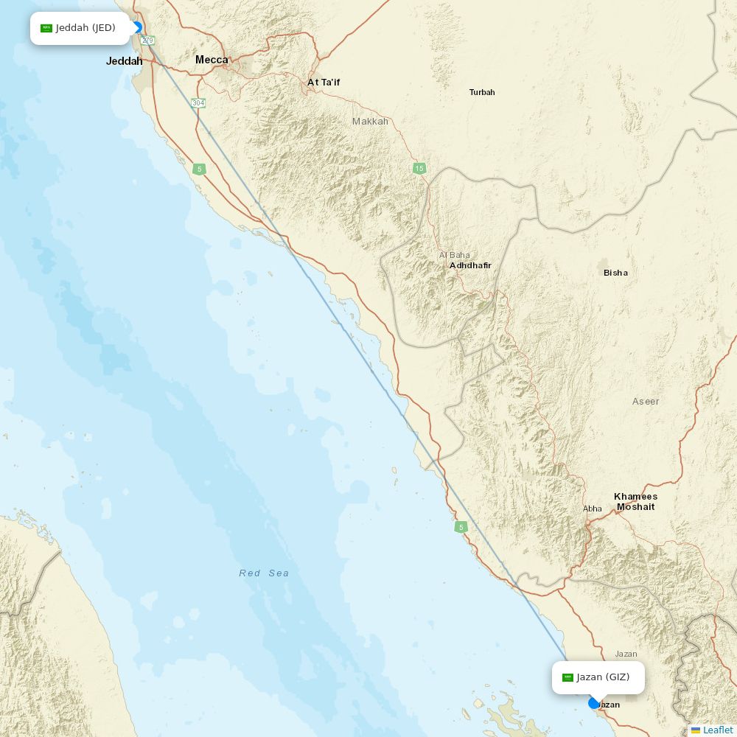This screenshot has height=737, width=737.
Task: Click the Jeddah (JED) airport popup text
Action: [x=85, y=28]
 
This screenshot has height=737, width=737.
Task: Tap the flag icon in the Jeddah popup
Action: [x=46, y=28]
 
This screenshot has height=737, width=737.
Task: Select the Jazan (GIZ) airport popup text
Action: [x=603, y=677]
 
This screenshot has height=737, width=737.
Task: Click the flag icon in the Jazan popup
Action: [x=567, y=677]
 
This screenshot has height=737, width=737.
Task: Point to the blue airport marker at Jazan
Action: [x=594, y=703]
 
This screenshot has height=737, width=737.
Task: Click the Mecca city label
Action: [x=212, y=60]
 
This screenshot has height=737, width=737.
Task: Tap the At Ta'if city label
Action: [x=324, y=83]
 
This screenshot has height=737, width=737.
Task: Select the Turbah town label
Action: [x=482, y=92]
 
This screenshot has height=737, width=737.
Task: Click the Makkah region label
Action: [x=370, y=121]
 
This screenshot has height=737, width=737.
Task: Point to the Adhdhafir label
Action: [x=470, y=265]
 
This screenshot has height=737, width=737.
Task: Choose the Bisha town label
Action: [x=615, y=273]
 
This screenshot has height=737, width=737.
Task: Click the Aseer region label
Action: [x=646, y=402]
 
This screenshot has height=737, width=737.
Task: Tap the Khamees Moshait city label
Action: [x=635, y=501]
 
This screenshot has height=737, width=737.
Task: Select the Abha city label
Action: [x=592, y=509]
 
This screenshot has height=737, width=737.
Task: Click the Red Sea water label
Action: [x=264, y=573]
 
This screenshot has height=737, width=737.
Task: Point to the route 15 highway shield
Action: [x=419, y=168]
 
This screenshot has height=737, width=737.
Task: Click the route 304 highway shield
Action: [x=198, y=102]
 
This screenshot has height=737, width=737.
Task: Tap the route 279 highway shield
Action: [x=148, y=40]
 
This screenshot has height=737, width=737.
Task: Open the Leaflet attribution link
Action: [x=717, y=730]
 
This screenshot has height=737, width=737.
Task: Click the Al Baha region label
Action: [x=454, y=255]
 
